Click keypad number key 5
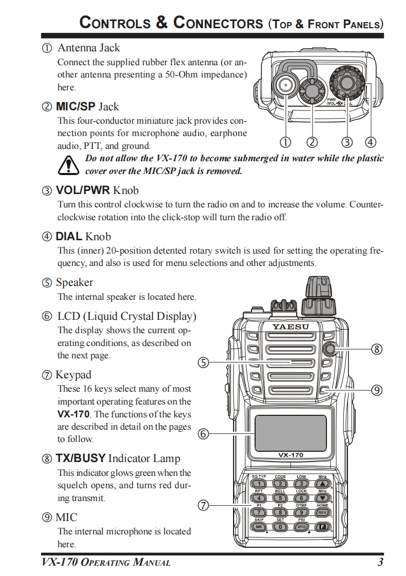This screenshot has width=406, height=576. point(280,497)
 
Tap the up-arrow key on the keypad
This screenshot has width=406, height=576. point(322,484)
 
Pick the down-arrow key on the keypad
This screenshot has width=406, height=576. point(322,497)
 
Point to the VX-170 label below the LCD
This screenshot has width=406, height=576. point(291,455)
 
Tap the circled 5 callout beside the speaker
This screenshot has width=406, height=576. point(204,363)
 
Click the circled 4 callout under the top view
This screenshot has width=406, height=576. point(370,142)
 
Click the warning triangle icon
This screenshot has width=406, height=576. point(67,165)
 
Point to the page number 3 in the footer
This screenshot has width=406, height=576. point(380,562)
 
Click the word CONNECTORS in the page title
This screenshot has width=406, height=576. point(217,23)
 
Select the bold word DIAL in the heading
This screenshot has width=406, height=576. point(69,237)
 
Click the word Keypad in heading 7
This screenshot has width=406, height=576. point(73,375)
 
